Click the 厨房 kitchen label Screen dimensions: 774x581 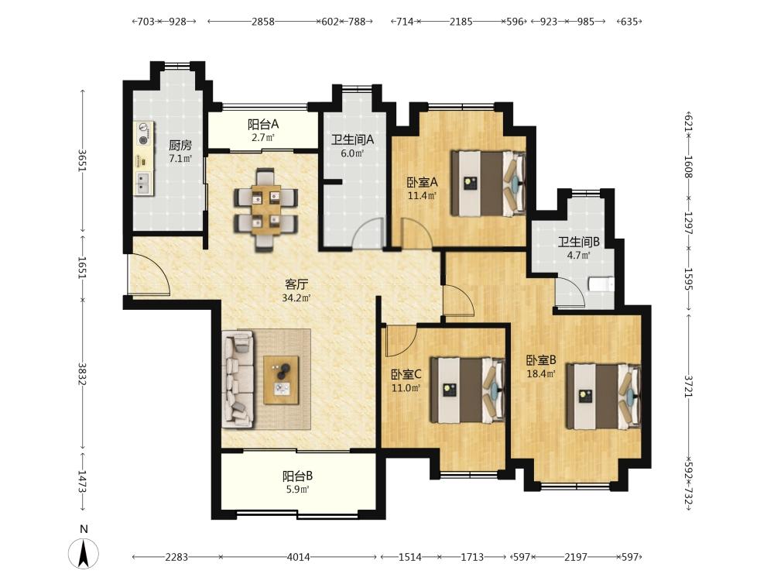coord(180,145)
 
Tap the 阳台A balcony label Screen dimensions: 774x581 coord(263,125)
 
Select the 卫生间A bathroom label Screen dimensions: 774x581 coord(352,139)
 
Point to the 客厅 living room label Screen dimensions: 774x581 coord(296,284)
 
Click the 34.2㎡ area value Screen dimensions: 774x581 coord(296,298)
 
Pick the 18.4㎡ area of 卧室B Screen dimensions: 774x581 coord(541,373)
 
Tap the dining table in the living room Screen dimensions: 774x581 coord(265,210)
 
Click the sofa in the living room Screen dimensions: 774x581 coord(238,379)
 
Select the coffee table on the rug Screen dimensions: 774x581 coord(282,380)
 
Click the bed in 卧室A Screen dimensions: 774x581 coord(488,184)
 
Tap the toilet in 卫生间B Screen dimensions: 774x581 coord(601,284)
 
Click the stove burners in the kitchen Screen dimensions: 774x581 coord(144,133)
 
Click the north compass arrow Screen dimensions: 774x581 coord(84,553)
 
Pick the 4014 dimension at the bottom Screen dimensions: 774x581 coord(299,557)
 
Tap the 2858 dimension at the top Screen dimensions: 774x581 coord(262,21)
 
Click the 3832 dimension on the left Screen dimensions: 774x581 coord(82,374)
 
